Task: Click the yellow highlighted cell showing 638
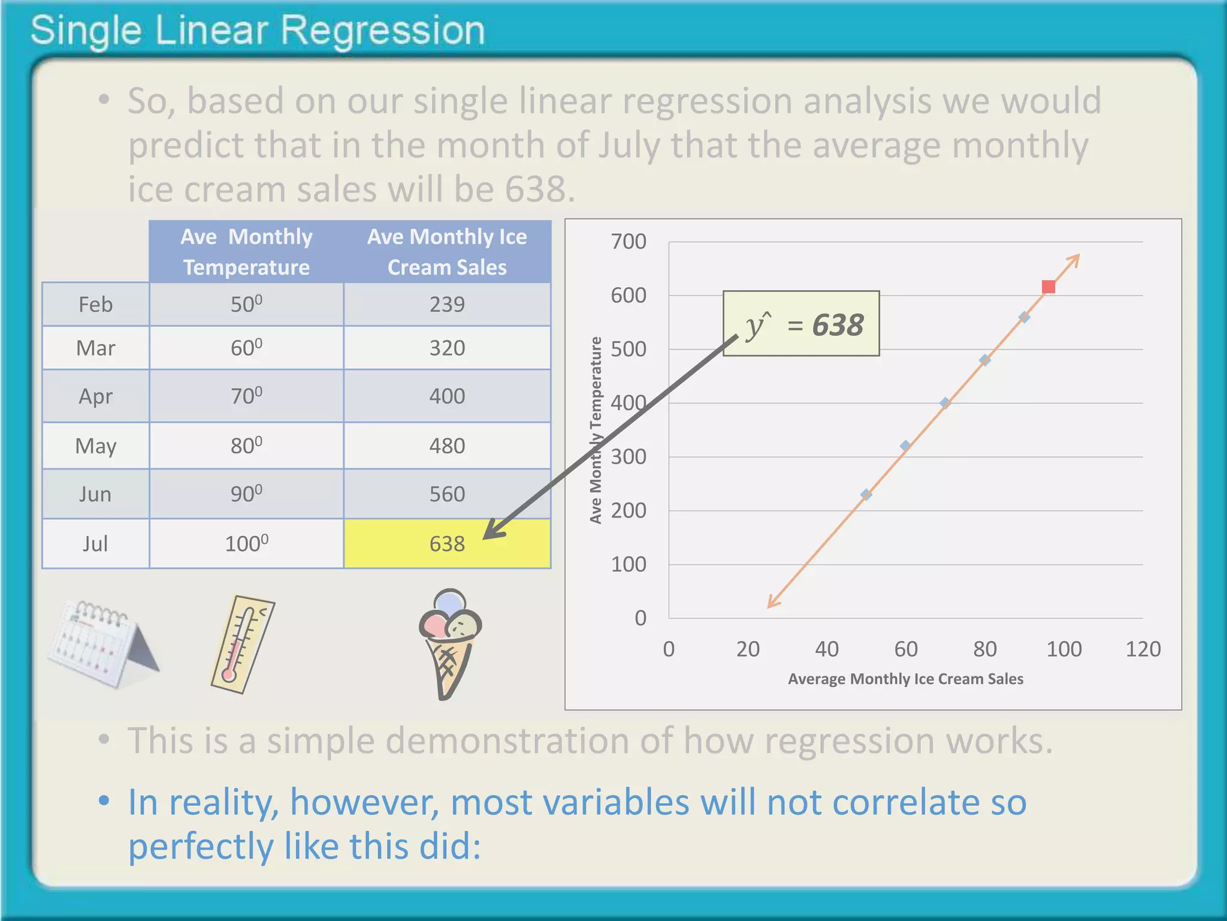[x=447, y=543]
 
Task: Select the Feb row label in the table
[x=95, y=305]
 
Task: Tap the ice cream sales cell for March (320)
[x=447, y=348]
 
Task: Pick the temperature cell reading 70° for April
[x=246, y=396]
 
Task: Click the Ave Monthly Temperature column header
[x=246, y=252]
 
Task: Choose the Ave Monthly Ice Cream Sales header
[x=447, y=252]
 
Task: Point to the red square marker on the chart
[x=1048, y=287]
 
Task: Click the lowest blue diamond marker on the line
[x=866, y=495]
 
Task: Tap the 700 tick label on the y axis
[x=628, y=242]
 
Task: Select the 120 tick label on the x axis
[x=1143, y=649]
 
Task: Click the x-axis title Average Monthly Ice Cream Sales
[x=905, y=679]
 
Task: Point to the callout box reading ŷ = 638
[x=801, y=324]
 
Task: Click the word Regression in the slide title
[x=382, y=31]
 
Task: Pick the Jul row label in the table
[x=95, y=544]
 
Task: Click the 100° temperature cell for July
[x=246, y=544]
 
